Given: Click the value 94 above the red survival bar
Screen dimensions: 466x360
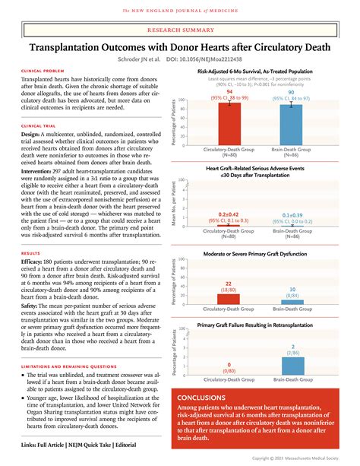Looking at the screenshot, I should (x=229, y=91).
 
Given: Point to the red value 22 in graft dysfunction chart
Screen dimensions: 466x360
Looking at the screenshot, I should (x=229, y=284).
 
